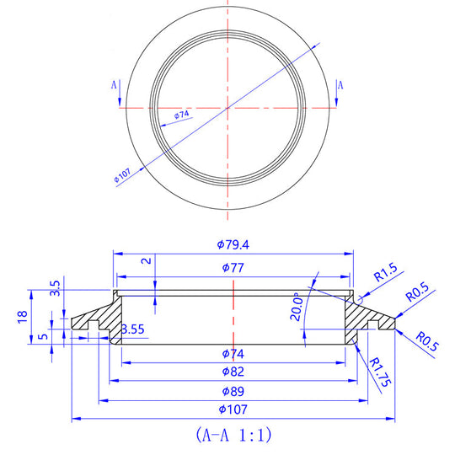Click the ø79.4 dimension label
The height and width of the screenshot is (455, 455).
coord(232,244)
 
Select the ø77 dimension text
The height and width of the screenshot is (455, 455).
coord(232,268)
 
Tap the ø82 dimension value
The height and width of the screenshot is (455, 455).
coord(232,372)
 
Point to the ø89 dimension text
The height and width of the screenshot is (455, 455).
coord(232,391)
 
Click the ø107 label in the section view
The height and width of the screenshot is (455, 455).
coord(232,410)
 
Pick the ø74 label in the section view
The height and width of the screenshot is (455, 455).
coord(232,353)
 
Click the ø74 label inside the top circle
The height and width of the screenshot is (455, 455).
coord(181,114)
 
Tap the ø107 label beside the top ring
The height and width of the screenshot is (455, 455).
coord(121,176)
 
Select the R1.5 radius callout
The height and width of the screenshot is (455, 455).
coord(384,274)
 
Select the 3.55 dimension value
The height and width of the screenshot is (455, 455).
coord(132,329)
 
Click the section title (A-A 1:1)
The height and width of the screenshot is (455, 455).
coord(233,436)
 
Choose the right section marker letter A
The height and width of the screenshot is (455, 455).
coord(340,85)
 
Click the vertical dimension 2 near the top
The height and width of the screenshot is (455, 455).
coord(147,262)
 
